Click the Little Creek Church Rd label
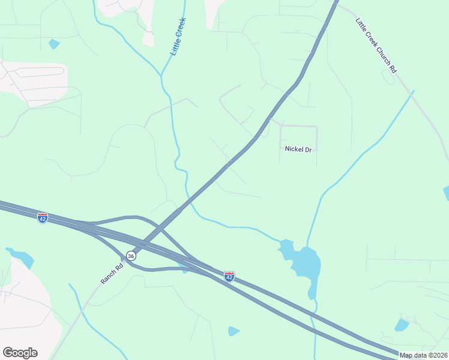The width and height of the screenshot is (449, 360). (376, 46)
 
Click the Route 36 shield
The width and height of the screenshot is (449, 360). (131, 256)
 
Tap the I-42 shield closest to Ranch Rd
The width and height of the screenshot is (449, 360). (42, 218)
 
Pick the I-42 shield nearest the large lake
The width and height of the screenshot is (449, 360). (229, 276)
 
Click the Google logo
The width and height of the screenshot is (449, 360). (20, 353)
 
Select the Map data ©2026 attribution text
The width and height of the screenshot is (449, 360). (424, 355)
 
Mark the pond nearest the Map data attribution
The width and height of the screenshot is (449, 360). (401, 325)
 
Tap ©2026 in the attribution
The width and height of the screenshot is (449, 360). (436, 355)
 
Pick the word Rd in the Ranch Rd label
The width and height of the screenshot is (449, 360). (119, 263)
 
